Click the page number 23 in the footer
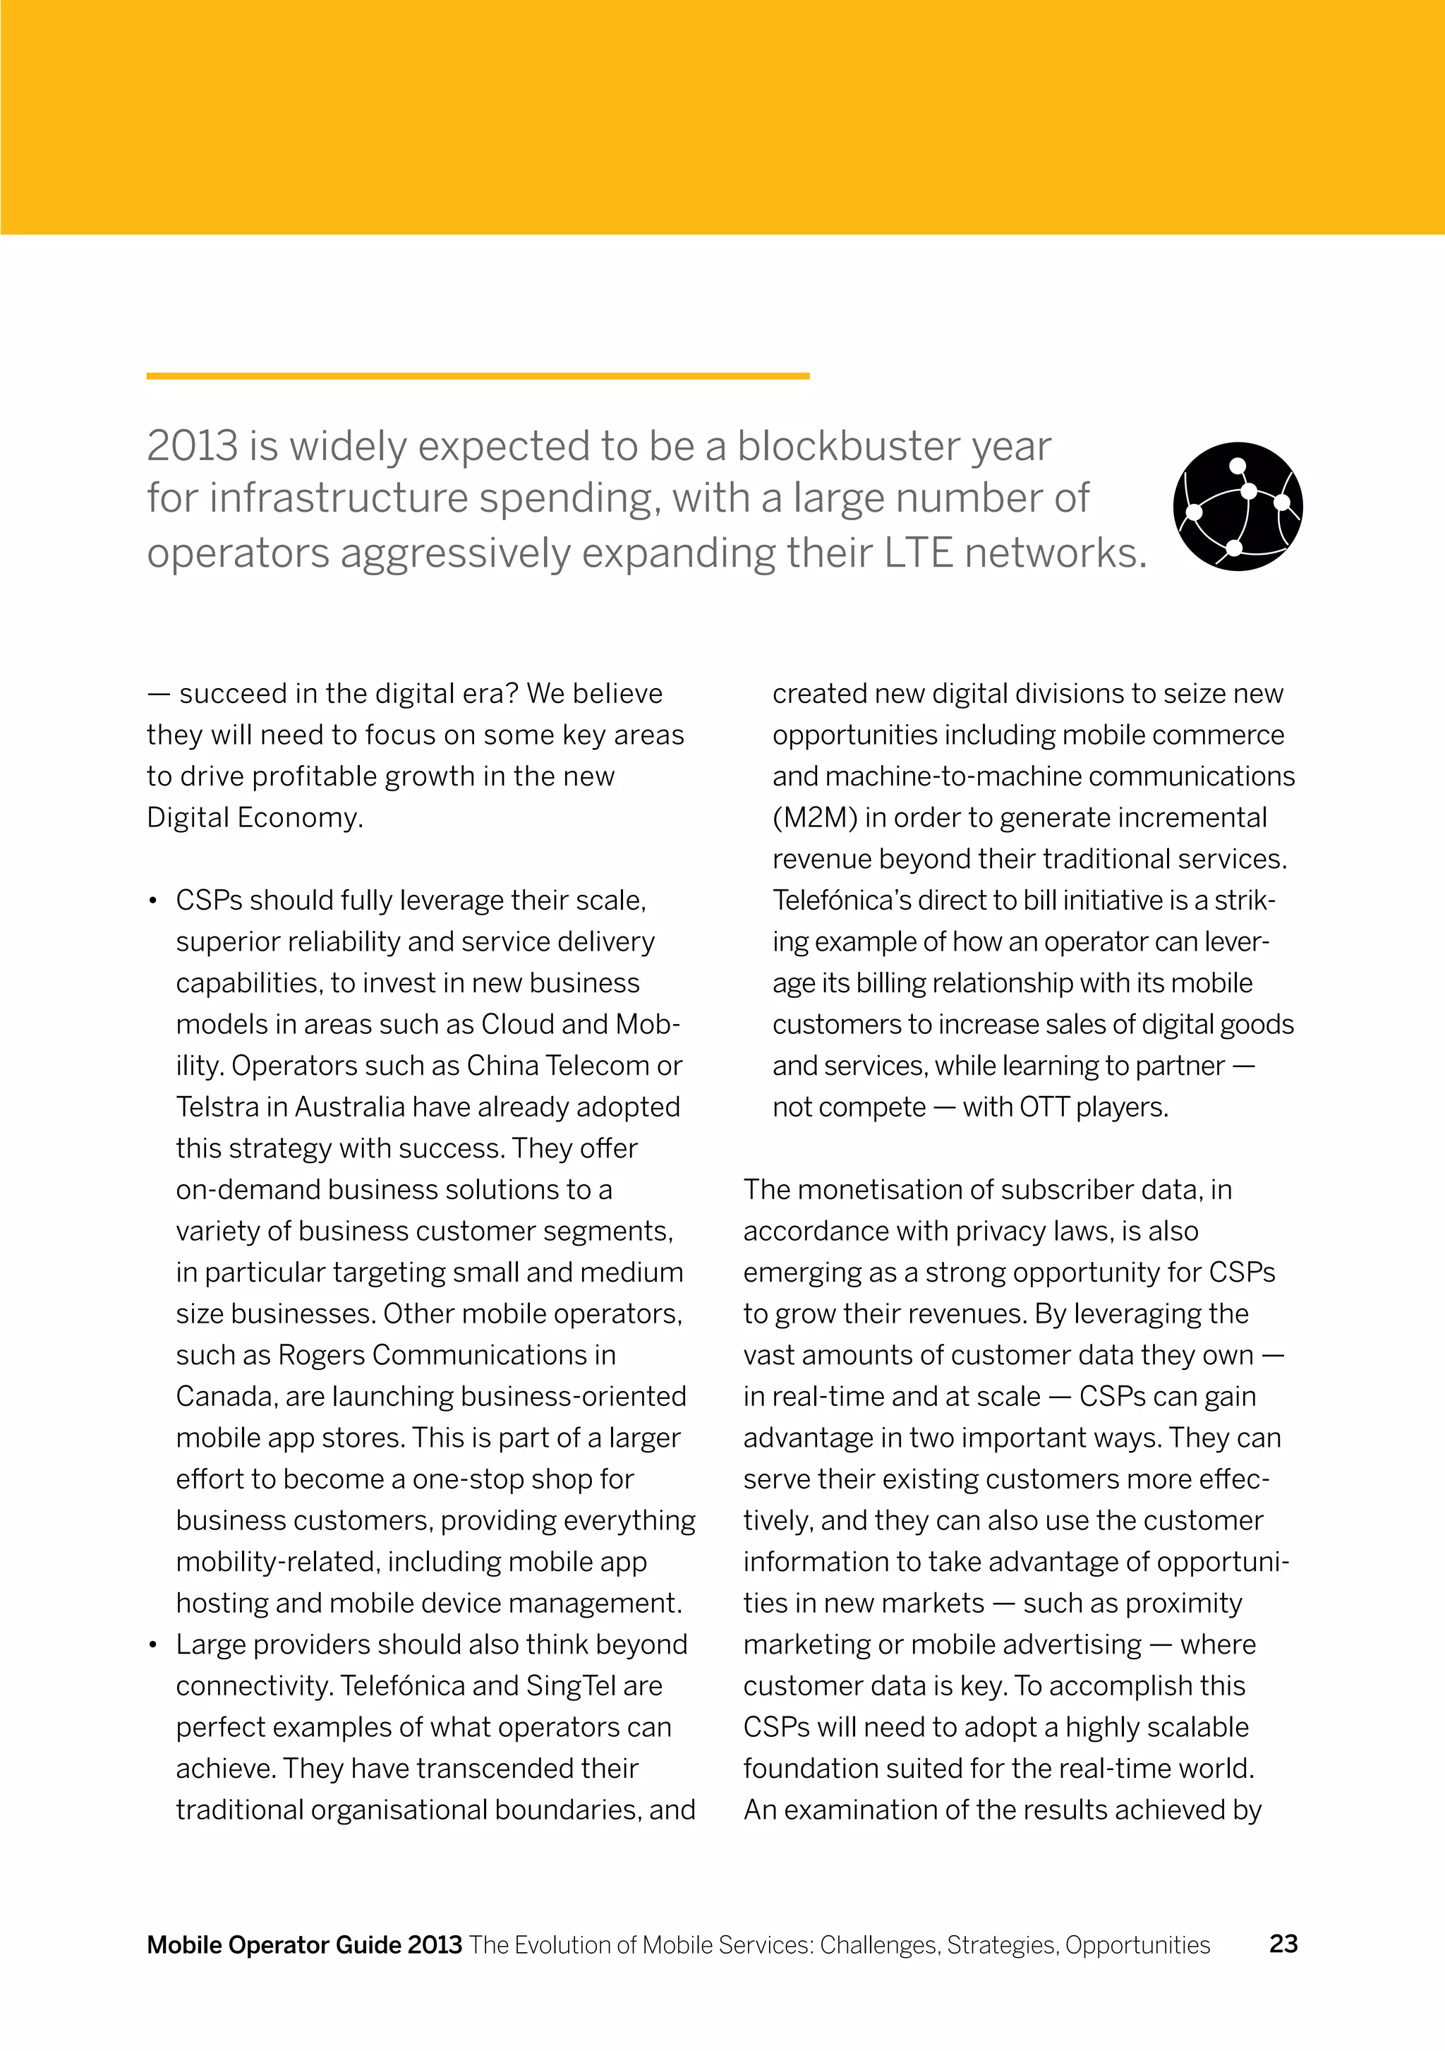(x=1283, y=1944)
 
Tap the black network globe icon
(x=1238, y=507)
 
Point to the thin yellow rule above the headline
(x=478, y=376)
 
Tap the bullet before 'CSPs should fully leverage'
(x=154, y=901)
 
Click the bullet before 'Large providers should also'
(x=154, y=1645)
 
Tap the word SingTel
(x=571, y=1685)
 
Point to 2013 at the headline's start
(x=192, y=446)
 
